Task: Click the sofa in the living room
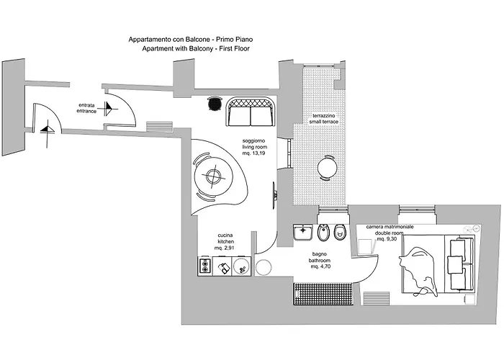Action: pos(251,112)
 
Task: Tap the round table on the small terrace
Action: pos(328,168)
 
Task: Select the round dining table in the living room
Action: pos(212,176)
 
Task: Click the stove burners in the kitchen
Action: pos(204,266)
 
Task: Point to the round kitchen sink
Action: pos(241,266)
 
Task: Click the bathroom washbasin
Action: pos(302,232)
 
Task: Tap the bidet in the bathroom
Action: pos(322,233)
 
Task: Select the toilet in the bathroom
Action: pos(339,232)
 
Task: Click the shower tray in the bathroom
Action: pos(324,294)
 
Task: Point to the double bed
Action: pos(438,264)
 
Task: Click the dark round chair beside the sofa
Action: pos(215,104)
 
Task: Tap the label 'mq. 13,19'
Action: pos(253,153)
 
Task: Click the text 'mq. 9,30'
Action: pos(387,239)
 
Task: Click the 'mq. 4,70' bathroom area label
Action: pos(320,266)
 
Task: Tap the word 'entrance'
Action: pos(86,111)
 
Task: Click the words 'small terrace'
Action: pos(324,122)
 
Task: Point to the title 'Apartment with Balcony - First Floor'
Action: pos(196,48)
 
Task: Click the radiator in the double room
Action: pos(376,297)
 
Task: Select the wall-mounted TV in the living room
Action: pos(274,195)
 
